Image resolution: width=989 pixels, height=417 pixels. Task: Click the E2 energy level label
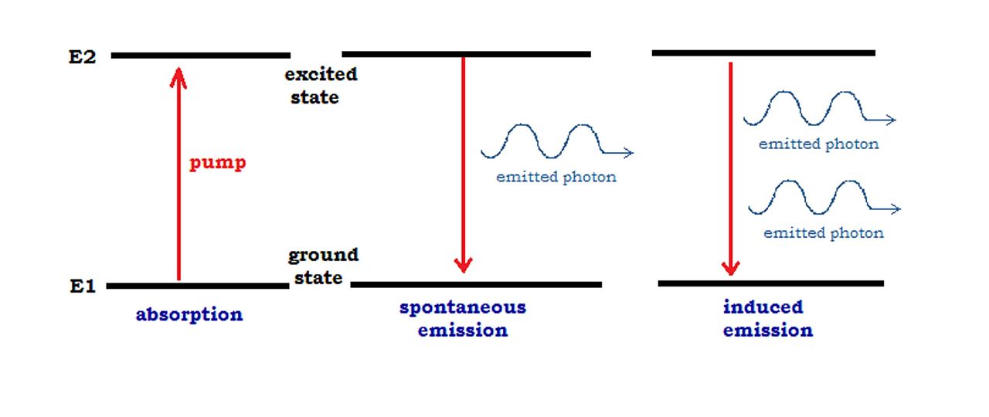[83, 56]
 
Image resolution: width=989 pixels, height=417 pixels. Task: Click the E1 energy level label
[83, 286]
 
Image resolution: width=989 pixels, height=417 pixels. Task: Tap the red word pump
[217, 164]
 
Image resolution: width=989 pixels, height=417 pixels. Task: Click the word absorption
[189, 314]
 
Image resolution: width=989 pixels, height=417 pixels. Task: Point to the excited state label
[320, 86]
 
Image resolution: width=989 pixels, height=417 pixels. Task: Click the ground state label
[323, 266]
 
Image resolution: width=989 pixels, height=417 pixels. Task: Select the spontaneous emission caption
[463, 318]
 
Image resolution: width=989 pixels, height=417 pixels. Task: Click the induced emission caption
[767, 318]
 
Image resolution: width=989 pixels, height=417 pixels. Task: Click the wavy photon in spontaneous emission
[555, 141]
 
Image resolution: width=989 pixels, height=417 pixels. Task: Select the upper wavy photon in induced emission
[818, 109]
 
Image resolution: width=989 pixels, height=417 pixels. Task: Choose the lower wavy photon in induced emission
[823, 197]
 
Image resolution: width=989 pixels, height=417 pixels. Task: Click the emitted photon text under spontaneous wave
[556, 177]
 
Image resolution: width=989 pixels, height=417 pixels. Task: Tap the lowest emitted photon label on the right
[824, 232]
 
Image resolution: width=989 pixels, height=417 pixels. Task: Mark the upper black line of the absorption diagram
[200, 56]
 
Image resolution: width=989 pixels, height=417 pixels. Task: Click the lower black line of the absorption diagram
[197, 286]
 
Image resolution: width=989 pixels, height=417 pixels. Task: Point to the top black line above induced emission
[763, 53]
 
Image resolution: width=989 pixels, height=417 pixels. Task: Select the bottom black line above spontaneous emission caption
[476, 285]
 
